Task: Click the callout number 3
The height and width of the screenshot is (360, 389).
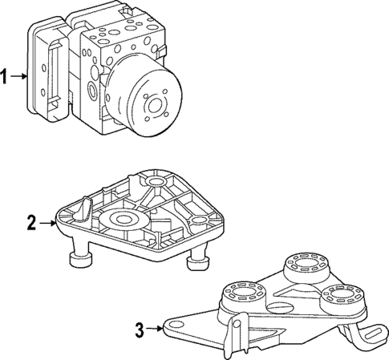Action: [139, 328]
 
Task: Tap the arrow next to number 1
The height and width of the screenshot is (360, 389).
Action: [19, 78]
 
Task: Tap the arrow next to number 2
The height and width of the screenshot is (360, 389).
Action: [47, 224]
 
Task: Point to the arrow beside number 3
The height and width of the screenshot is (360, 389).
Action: [153, 328]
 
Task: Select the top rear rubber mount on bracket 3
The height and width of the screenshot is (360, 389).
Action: [303, 265]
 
